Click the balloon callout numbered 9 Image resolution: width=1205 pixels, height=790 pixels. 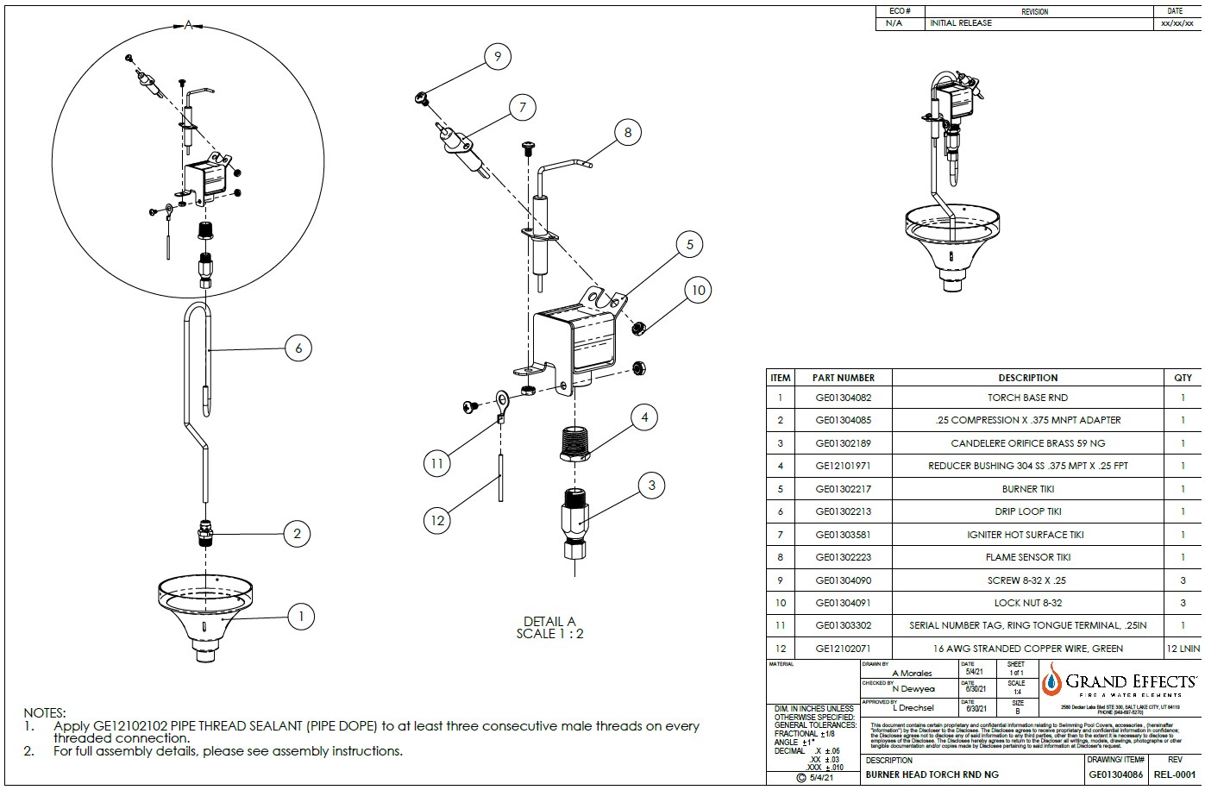pos(497,58)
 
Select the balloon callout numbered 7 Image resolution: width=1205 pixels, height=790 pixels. pos(522,108)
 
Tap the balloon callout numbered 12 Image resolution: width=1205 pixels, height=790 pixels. pos(437,519)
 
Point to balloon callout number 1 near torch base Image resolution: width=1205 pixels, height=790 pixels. pos(300,616)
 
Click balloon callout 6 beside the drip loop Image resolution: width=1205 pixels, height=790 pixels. pos(298,348)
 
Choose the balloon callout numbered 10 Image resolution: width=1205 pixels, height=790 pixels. pos(698,290)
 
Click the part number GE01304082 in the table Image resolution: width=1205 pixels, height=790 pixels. pos(843,398)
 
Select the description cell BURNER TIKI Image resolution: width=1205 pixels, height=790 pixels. pos(1027,489)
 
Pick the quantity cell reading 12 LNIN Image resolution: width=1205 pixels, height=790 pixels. pos(1182,649)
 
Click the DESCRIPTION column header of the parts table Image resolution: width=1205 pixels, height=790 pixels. pos(1027,378)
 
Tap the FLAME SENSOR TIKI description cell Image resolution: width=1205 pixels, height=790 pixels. pos(1027,557)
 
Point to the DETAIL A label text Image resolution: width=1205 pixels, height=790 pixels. pos(549,621)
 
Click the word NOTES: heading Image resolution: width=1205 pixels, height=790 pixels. pos(44,713)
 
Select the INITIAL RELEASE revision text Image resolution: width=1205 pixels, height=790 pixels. pos(961,23)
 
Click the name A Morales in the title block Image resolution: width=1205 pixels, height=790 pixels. pos(911,673)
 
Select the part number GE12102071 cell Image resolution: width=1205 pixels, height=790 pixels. pos(843,649)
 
